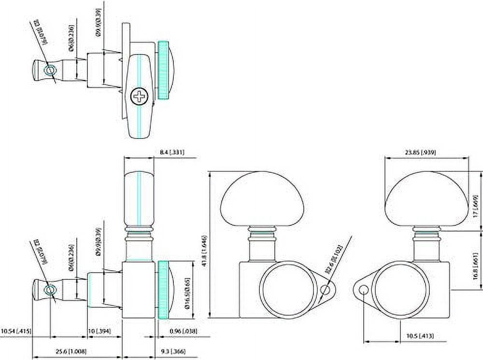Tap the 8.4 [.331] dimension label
[171, 152]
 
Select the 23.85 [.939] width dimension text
[420, 152]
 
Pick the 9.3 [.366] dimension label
[171, 351]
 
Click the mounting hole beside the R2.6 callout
[327, 290]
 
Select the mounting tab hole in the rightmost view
[363, 289]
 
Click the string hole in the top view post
[49, 70]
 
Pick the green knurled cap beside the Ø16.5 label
[163, 290]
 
